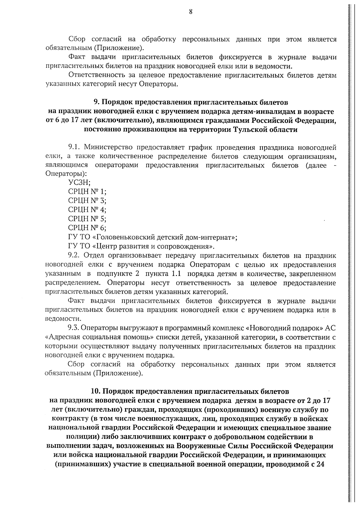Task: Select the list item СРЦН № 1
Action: [87, 191]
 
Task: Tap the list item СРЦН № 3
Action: [87, 200]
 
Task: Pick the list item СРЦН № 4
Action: [87, 209]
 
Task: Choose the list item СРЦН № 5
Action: [87, 218]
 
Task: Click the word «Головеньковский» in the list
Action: [123, 237]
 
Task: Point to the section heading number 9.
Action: [96, 103]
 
